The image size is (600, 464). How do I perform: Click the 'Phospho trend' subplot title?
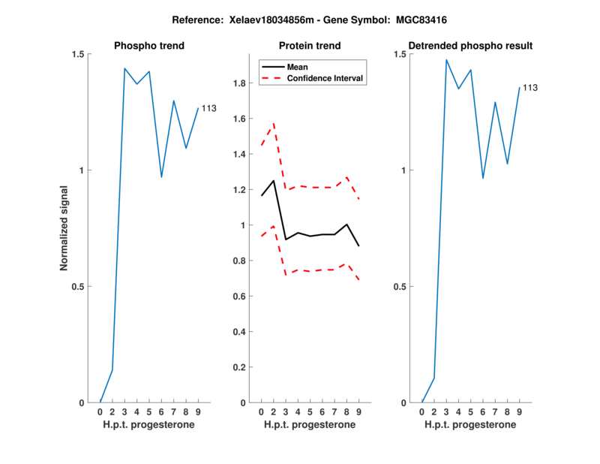click(149, 46)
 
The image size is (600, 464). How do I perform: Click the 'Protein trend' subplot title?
click(310, 46)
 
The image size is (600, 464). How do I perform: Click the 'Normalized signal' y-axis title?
click(64, 228)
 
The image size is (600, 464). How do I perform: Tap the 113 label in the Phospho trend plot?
click(208, 108)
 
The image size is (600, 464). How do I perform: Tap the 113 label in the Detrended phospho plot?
click(530, 88)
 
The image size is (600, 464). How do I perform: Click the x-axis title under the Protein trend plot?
click(310, 425)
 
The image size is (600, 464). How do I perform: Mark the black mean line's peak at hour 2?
click(273, 180)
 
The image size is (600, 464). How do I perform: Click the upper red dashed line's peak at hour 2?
click(273, 122)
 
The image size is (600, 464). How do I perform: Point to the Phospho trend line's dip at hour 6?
click(161, 177)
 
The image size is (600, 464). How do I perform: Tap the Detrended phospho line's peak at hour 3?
click(446, 60)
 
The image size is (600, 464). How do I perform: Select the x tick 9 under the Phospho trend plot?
click(198, 412)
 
